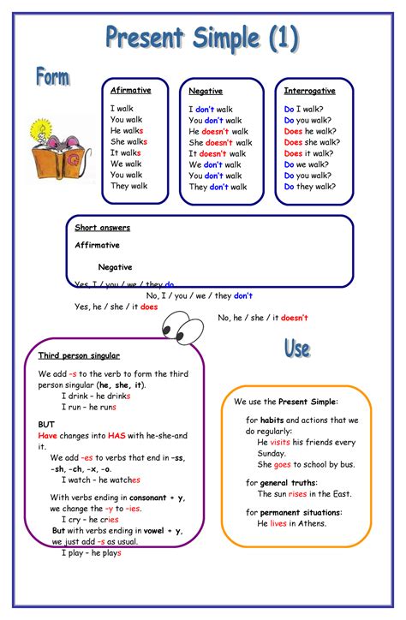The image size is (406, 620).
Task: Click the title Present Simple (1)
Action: click(203, 38)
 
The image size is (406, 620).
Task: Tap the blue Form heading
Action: click(52, 77)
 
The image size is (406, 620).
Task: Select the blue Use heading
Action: click(297, 349)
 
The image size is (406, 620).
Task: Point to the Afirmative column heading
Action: click(130, 90)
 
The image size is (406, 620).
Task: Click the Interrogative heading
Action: click(309, 90)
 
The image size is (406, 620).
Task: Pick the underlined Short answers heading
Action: click(102, 228)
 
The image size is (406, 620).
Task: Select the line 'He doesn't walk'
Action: click(218, 132)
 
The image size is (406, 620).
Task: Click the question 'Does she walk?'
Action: click(309, 142)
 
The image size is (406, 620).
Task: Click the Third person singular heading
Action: click(79, 355)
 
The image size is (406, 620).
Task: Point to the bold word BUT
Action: click(46, 424)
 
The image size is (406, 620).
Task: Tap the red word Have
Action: click(47, 435)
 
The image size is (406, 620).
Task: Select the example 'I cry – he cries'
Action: click(90, 520)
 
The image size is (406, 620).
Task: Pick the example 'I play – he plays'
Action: click(92, 553)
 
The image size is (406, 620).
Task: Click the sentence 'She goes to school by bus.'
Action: click(306, 464)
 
